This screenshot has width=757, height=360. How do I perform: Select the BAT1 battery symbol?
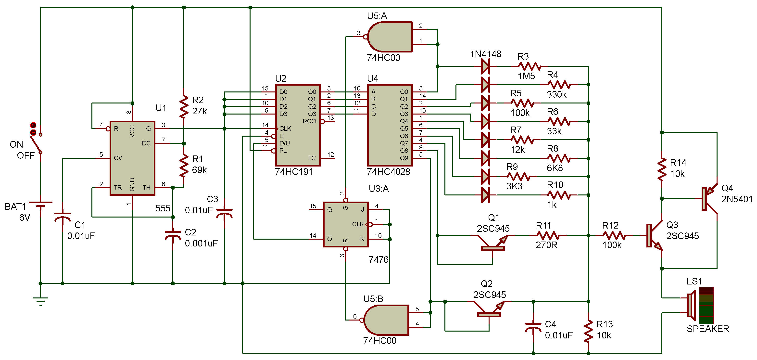pyautogui.click(x=40, y=204)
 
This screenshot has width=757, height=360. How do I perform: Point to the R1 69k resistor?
pyautogui.click(x=184, y=166)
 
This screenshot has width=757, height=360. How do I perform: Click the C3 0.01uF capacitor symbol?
pyautogui.click(x=224, y=213)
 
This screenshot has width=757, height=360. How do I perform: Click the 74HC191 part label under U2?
pyautogui.click(x=294, y=172)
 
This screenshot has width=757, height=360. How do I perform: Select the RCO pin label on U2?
pyautogui.click(x=309, y=121)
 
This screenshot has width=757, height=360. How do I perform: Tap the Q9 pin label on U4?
pyautogui.click(x=404, y=158)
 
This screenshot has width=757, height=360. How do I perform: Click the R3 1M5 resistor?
pyautogui.click(x=529, y=66)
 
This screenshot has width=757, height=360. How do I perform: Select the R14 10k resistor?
pyautogui.click(x=662, y=169)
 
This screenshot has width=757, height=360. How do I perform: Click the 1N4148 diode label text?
pyautogui.click(x=485, y=54)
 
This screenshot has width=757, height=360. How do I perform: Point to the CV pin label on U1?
pyautogui.click(x=118, y=158)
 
